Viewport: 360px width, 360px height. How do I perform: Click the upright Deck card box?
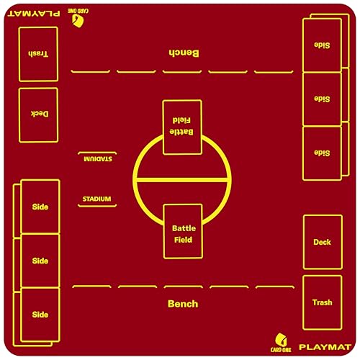click(x=323, y=242)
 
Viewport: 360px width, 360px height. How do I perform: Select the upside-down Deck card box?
click(x=38, y=115)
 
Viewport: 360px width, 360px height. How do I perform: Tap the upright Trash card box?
click(x=323, y=303)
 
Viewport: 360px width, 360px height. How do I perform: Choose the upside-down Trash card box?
click(x=38, y=54)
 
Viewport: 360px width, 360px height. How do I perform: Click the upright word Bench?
click(x=183, y=304)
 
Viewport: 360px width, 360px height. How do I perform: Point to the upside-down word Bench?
click(x=184, y=53)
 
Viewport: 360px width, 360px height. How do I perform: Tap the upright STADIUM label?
click(x=97, y=199)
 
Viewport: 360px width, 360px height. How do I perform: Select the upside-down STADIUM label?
click(x=98, y=159)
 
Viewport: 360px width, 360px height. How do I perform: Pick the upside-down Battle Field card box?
click(x=182, y=127)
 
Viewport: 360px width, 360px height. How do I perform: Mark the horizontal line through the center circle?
click(x=182, y=179)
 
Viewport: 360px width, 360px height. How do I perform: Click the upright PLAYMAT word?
click(x=325, y=347)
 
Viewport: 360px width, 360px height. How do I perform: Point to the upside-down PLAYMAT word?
click(x=34, y=13)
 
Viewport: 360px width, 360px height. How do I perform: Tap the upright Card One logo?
click(x=281, y=343)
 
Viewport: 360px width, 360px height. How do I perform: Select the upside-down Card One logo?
click(x=78, y=18)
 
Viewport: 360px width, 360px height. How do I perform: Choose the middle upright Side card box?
click(x=40, y=261)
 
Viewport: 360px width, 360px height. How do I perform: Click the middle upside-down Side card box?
click(x=322, y=99)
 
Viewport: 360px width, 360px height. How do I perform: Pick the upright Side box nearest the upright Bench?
click(x=40, y=315)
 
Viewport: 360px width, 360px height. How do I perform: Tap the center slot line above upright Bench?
click(x=184, y=287)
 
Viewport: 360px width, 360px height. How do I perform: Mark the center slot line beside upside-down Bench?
click(x=182, y=71)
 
